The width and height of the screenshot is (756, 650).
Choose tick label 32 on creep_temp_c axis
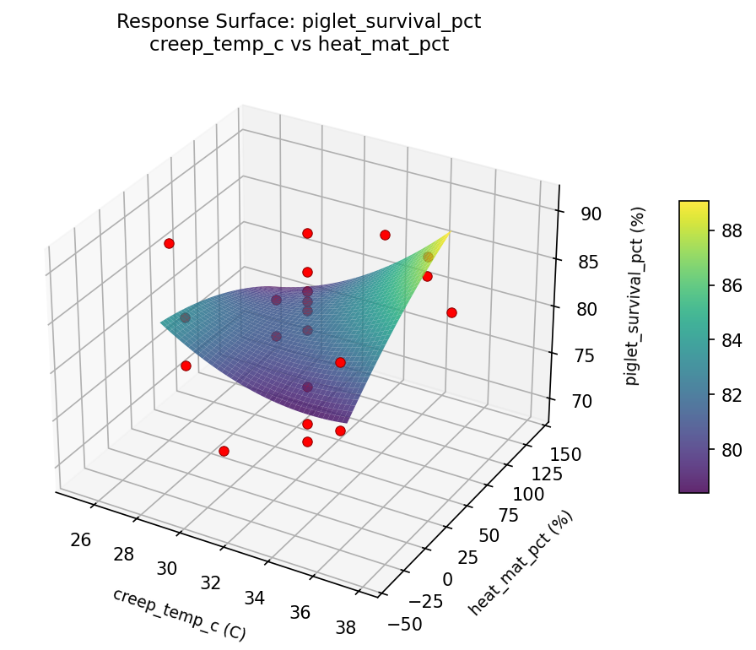pyautogui.click(x=210, y=582)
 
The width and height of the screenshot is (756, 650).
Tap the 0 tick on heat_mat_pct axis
pyautogui.click(x=447, y=578)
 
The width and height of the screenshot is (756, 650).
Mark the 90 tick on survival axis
pyautogui.click(x=591, y=214)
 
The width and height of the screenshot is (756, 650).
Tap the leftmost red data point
pyautogui.click(x=169, y=243)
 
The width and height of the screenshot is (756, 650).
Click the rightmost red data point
pyautogui.click(x=451, y=312)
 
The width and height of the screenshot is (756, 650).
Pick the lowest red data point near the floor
pyautogui.click(x=224, y=451)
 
